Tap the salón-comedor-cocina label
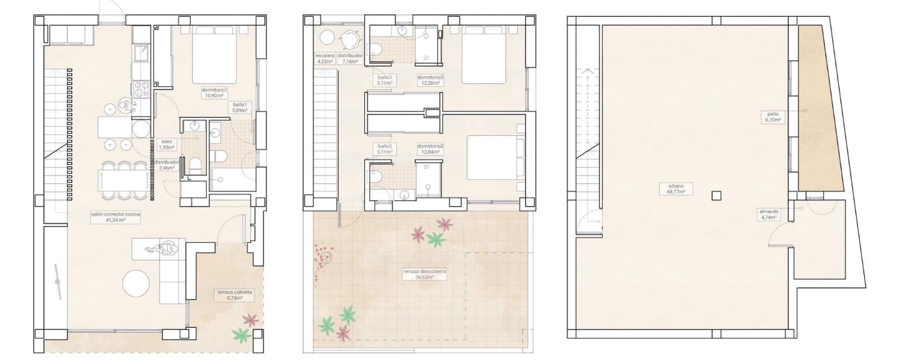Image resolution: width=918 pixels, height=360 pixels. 116,217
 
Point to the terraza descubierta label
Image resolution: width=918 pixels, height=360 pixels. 424,274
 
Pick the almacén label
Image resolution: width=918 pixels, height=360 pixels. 768,214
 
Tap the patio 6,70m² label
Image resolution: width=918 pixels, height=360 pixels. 772,116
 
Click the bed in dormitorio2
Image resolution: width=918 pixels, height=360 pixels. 492,157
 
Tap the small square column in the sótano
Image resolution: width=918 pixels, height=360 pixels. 716,195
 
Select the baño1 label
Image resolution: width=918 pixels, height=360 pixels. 240,108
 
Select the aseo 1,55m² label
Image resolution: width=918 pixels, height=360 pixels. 167,144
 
